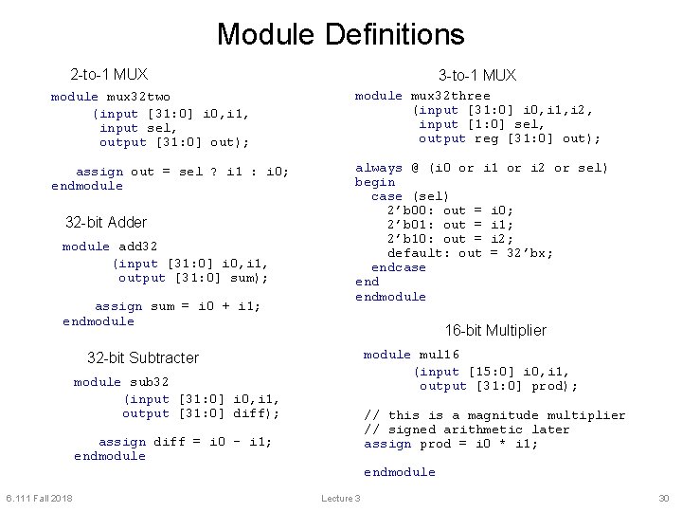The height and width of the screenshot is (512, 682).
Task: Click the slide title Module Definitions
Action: pos(340,35)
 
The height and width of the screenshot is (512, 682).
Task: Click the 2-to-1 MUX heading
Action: pos(109,74)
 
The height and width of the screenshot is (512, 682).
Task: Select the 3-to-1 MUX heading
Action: pos(476,75)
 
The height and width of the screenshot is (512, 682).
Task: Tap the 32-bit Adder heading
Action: pos(106,223)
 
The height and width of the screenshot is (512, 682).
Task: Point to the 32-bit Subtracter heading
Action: pos(143,357)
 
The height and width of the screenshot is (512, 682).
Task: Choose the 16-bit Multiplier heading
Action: pos(495,330)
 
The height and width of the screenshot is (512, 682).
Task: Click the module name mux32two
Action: pos(138,97)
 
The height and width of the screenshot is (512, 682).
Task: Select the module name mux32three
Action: pos(450,96)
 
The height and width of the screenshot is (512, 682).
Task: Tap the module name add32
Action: pos(138,247)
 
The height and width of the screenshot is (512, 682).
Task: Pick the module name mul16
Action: pos(439,355)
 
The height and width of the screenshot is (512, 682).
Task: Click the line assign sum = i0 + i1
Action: pos(178,306)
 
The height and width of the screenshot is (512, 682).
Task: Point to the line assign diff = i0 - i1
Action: pos(185,442)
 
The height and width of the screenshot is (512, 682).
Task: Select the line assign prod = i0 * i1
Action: pos(451,444)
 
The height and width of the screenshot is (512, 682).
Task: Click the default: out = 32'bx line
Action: pos(470,253)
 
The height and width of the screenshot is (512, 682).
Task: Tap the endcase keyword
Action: pos(399,267)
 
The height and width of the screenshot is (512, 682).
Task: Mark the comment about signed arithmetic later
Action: pos(467,430)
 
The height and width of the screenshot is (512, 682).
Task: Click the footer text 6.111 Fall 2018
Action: pos(39,499)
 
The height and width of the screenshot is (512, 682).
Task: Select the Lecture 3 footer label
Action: pos(341,499)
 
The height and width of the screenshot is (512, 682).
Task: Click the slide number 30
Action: pos(663,499)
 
